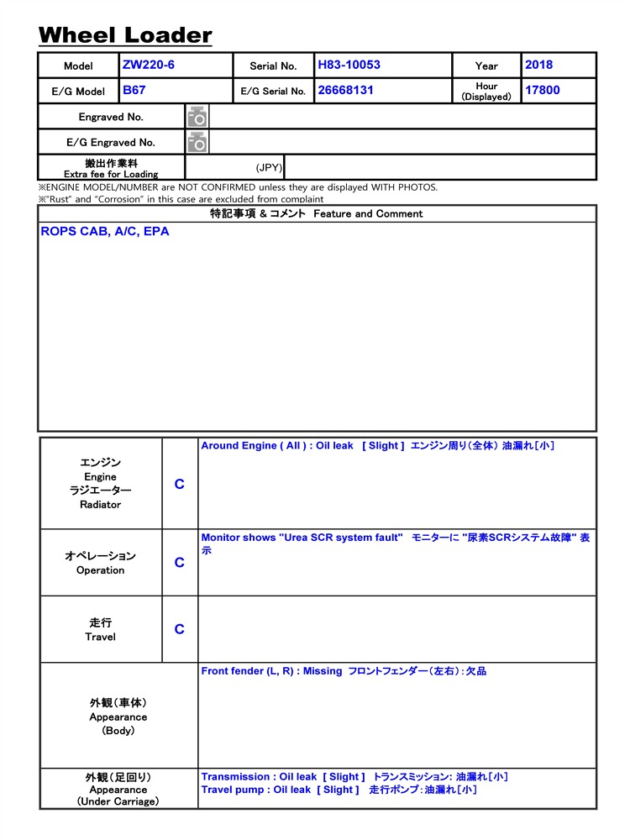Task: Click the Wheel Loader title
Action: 125,35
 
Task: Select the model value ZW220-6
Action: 149,65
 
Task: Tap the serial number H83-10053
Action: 349,65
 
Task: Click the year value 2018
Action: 539,65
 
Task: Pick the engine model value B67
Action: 134,90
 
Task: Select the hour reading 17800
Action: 543,90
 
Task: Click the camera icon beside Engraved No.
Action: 197,117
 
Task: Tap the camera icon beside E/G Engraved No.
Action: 197,142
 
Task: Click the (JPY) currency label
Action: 269,167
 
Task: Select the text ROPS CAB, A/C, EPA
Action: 105,232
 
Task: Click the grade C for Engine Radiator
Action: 179,485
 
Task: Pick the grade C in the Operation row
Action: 179,563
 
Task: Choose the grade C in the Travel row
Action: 179,629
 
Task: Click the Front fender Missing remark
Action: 344,671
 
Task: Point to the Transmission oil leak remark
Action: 354,777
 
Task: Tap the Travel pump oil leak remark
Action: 339,790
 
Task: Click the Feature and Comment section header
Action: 317,213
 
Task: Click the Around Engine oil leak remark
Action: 377,446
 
